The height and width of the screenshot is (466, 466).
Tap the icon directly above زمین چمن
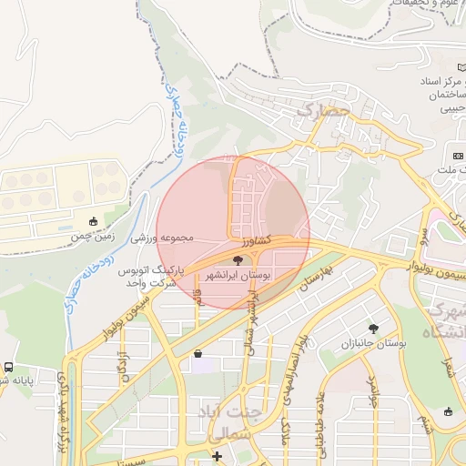(93, 220)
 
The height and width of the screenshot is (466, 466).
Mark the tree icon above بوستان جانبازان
(373, 329)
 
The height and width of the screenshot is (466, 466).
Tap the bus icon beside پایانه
(7, 367)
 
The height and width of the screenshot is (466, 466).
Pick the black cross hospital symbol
(217, 455)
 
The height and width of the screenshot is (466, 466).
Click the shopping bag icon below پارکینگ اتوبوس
(198, 354)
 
